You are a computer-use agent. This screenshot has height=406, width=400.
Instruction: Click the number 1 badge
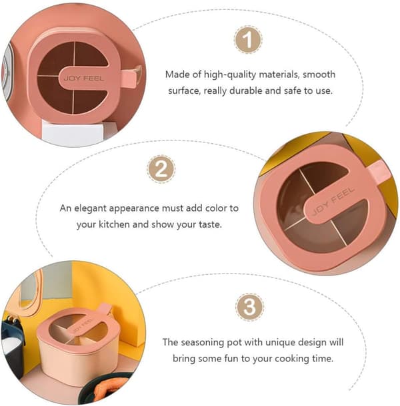click(248, 40)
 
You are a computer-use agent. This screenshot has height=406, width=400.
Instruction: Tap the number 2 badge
click(161, 169)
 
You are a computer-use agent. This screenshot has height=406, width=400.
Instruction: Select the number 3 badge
click(249, 307)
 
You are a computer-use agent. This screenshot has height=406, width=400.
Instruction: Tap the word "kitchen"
click(115, 224)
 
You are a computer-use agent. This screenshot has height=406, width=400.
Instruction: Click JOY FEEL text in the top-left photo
click(84, 78)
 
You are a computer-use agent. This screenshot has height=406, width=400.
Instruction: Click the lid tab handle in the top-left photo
click(131, 76)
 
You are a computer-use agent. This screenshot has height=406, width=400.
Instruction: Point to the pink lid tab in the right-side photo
click(379, 171)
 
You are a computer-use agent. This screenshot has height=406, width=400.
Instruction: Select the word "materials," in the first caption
click(279, 75)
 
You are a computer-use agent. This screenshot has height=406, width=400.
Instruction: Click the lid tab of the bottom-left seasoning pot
click(105, 309)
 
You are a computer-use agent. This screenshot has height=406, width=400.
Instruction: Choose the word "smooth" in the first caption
click(319, 75)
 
